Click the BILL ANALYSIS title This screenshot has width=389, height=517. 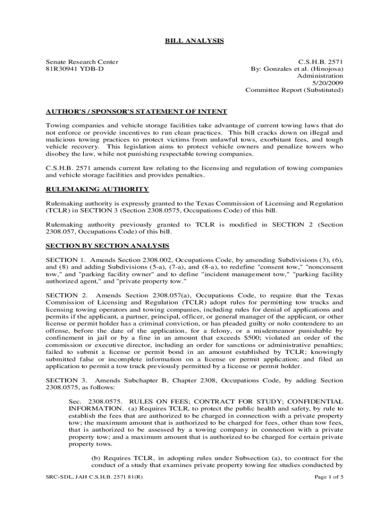tap(194, 40)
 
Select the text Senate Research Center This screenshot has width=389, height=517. tap(82, 62)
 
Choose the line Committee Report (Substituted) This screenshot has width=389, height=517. tap(294, 90)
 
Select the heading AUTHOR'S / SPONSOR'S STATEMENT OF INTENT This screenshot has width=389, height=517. tap(136, 111)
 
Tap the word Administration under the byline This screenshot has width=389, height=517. tap(320, 76)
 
